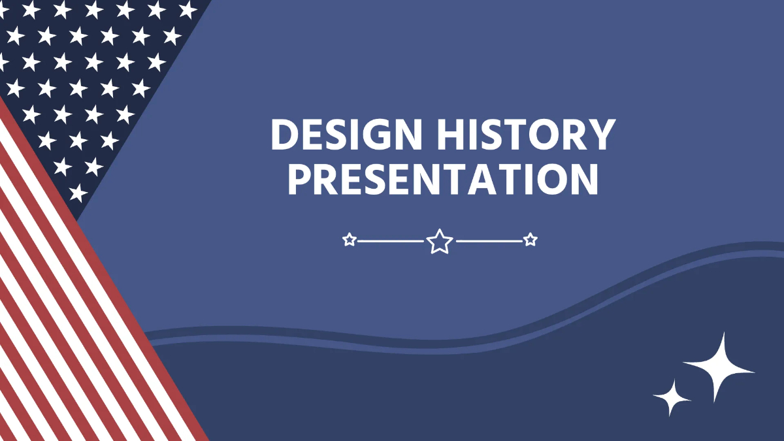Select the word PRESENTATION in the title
coord(444,178)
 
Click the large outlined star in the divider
coord(440,241)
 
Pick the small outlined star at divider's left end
coord(350,240)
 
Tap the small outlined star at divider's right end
coord(531,240)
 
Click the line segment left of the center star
coord(391,241)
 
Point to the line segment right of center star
coord(489,241)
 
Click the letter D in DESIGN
coord(285,135)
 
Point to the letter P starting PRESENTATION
coord(301,178)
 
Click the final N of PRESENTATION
coord(583,178)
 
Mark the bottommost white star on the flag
coord(78,192)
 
